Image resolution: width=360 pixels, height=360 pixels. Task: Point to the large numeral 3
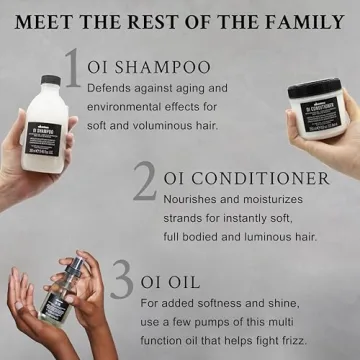tap(121, 280)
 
